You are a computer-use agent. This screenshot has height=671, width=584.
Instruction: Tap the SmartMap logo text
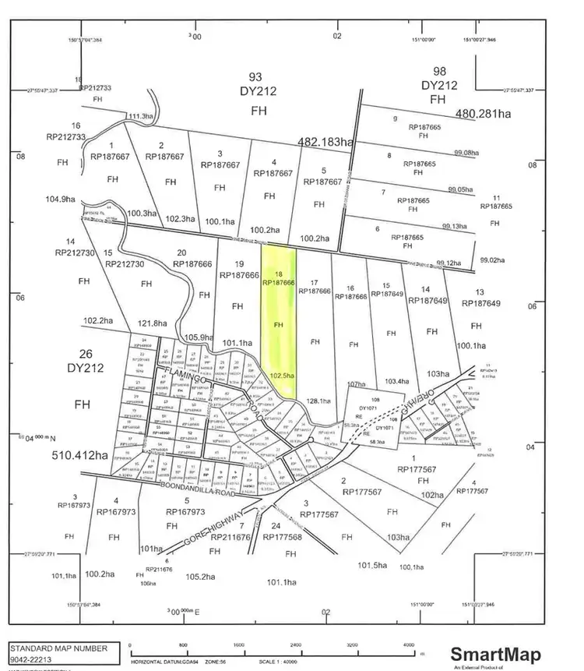(495, 653)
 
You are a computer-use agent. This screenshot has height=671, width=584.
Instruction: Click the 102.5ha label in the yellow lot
(283, 376)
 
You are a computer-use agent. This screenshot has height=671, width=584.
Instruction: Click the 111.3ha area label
(140, 116)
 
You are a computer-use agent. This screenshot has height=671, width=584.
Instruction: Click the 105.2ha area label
(201, 577)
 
